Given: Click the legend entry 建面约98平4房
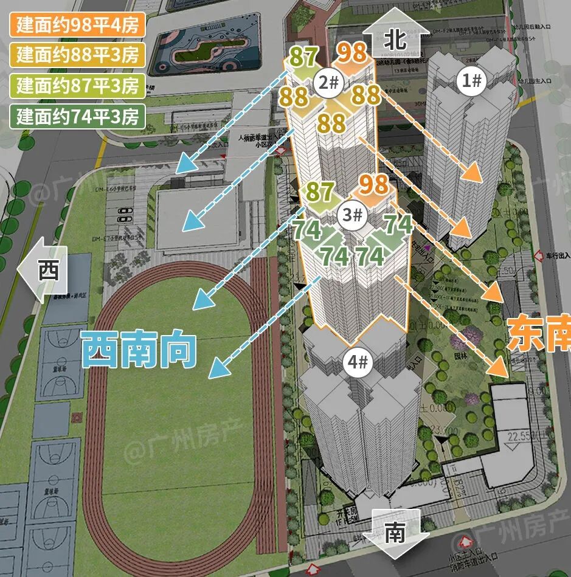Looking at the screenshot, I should [77, 26].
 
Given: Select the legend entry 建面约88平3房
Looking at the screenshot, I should [77, 55].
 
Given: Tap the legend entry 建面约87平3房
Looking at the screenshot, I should [77, 85].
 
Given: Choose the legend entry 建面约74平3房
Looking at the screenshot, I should [77, 115].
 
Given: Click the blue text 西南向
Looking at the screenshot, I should [139, 350].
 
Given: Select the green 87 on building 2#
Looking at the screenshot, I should [303, 58].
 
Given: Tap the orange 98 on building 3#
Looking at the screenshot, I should [373, 184].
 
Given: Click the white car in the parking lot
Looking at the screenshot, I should [125, 213].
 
